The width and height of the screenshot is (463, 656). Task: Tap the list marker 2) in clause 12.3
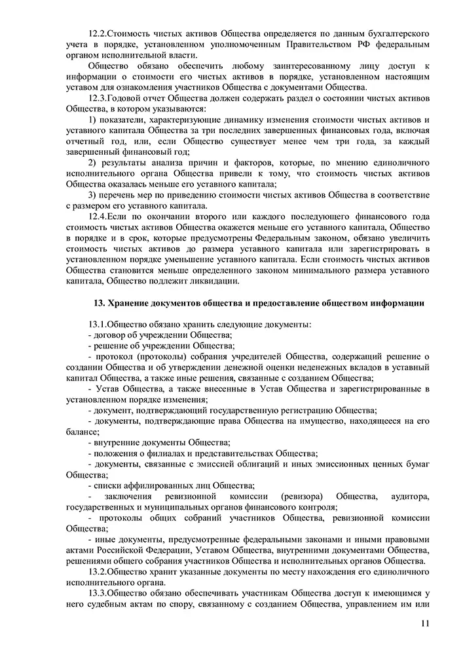92,162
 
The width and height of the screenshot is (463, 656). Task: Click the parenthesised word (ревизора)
297,497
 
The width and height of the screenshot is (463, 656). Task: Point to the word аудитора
409,497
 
